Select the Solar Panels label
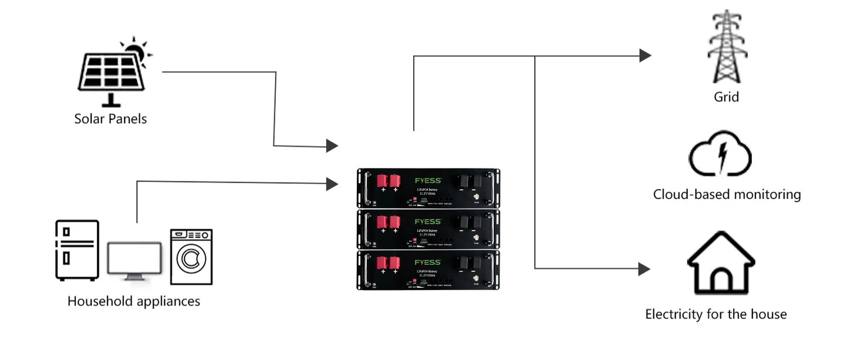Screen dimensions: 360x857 (110, 119)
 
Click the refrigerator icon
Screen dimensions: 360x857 (77, 250)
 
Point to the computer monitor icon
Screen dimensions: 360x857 (134, 261)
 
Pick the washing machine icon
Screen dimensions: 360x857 (191, 257)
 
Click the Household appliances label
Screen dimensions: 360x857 (134, 301)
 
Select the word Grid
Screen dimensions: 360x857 (726, 96)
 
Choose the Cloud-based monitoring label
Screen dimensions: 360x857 (727, 194)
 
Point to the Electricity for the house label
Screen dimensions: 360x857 (716, 314)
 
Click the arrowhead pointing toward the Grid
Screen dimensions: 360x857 (645, 56)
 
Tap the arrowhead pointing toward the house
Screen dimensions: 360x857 (644, 269)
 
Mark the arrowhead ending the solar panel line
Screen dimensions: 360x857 (332, 145)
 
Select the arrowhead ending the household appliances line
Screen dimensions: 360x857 (332, 184)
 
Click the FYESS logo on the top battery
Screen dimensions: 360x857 (427, 180)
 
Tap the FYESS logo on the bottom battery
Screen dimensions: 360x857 (427, 262)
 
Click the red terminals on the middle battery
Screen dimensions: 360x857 (388, 222)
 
